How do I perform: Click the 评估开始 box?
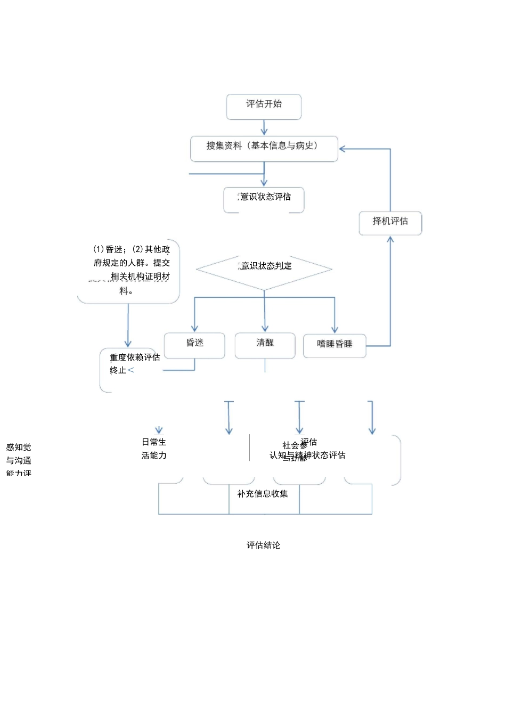pos(264,107)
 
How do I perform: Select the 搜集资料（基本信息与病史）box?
pos(264,148)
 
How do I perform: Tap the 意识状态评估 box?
pos(264,199)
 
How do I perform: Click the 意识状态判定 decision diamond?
pos(264,268)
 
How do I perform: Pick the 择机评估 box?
pos(390,223)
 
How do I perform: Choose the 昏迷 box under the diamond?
pos(194,345)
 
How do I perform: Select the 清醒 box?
pos(265,345)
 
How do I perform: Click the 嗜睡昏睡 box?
pos(334,345)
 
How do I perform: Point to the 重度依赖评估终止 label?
pos(134,363)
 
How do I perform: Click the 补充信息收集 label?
pos(263,494)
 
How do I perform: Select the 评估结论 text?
pos(263,545)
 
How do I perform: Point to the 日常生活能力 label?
pos(154,449)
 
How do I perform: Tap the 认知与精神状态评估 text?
pos(307,455)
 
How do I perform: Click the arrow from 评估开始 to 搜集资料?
pos(264,128)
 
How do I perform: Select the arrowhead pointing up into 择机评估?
pos(390,240)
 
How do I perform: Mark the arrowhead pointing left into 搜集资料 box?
pos(343,149)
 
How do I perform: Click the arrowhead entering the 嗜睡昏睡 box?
pos(334,329)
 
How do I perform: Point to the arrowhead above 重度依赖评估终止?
pos(128,343)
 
